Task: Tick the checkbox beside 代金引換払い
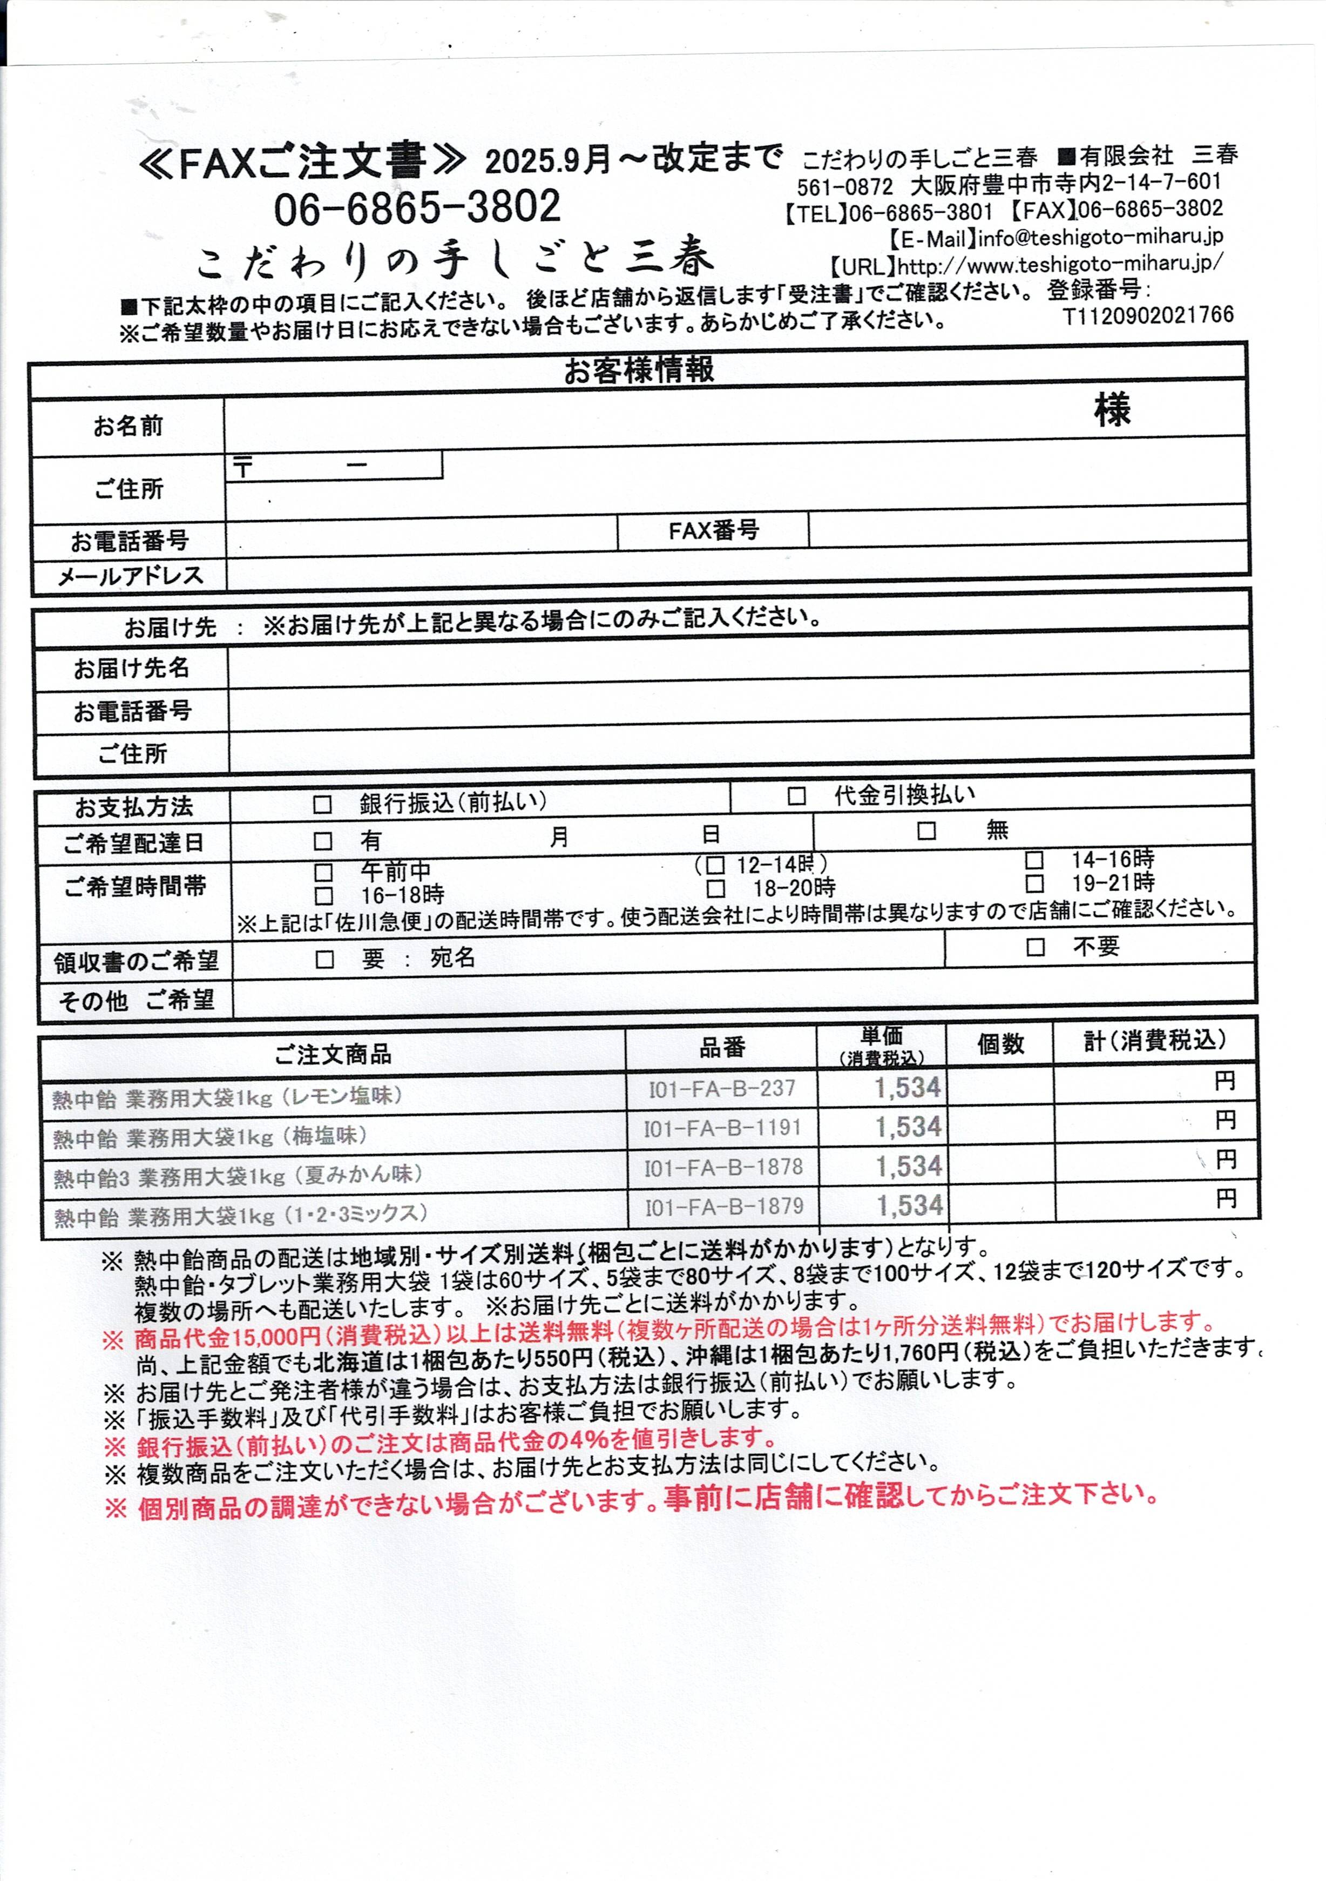pyautogui.click(x=796, y=797)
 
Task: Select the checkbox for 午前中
pyautogui.click(x=323, y=872)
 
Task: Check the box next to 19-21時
pyautogui.click(x=1034, y=883)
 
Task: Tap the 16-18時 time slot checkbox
pyautogui.click(x=323, y=895)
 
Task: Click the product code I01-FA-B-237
pyautogui.click(x=721, y=1089)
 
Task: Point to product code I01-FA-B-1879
pyautogui.click(x=722, y=1207)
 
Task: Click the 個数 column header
pyautogui.click(x=1000, y=1044)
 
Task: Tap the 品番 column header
pyautogui.click(x=721, y=1047)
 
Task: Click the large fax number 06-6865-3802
pyautogui.click(x=417, y=207)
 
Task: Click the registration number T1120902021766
pyautogui.click(x=1147, y=315)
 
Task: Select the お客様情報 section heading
pyautogui.click(x=638, y=369)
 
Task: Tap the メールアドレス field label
pyautogui.click(x=130, y=576)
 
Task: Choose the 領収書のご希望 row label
pyautogui.click(x=136, y=961)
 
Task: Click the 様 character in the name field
pyautogui.click(x=1112, y=409)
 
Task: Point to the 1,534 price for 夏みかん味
pyautogui.click(x=909, y=1167)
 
